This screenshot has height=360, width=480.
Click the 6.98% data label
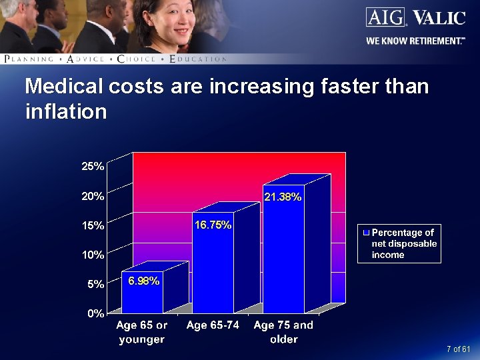tap(143, 281)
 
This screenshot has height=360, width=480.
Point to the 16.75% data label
tap(213, 225)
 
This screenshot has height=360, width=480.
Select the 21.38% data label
tap(283, 197)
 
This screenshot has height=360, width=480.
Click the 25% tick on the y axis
tap(93, 167)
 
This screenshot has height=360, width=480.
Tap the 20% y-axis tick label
tap(93, 196)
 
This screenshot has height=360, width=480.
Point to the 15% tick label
tap(93, 225)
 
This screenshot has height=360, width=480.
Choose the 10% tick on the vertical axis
tap(93, 255)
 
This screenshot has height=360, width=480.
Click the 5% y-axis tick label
tap(95, 284)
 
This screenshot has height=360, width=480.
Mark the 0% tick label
tap(95, 313)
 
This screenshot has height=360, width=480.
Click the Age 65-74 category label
tap(213, 325)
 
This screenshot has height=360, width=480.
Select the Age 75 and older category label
tap(283, 332)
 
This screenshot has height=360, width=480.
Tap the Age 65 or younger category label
tap(142, 332)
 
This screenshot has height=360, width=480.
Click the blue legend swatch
tap(366, 233)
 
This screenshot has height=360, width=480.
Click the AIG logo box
tap(385, 17)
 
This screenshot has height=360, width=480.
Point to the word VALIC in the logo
tap(439, 18)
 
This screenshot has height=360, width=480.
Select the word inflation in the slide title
tap(65, 111)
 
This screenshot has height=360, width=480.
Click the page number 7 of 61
tap(459, 349)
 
